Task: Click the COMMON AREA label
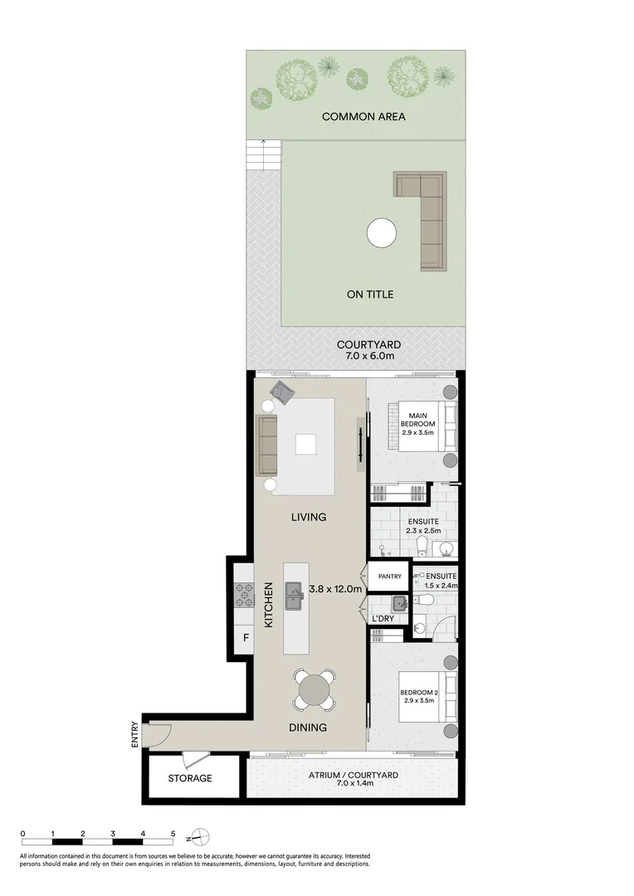(363, 117)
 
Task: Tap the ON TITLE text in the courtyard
(369, 295)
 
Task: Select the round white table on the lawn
(382, 233)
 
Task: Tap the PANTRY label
(389, 577)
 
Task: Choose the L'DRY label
(383, 619)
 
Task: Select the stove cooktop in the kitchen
(246, 594)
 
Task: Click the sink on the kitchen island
(295, 595)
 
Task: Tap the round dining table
(315, 689)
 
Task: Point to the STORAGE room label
(190, 778)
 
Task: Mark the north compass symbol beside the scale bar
(200, 836)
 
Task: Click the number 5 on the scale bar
(173, 833)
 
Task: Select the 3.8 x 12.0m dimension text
(335, 589)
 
